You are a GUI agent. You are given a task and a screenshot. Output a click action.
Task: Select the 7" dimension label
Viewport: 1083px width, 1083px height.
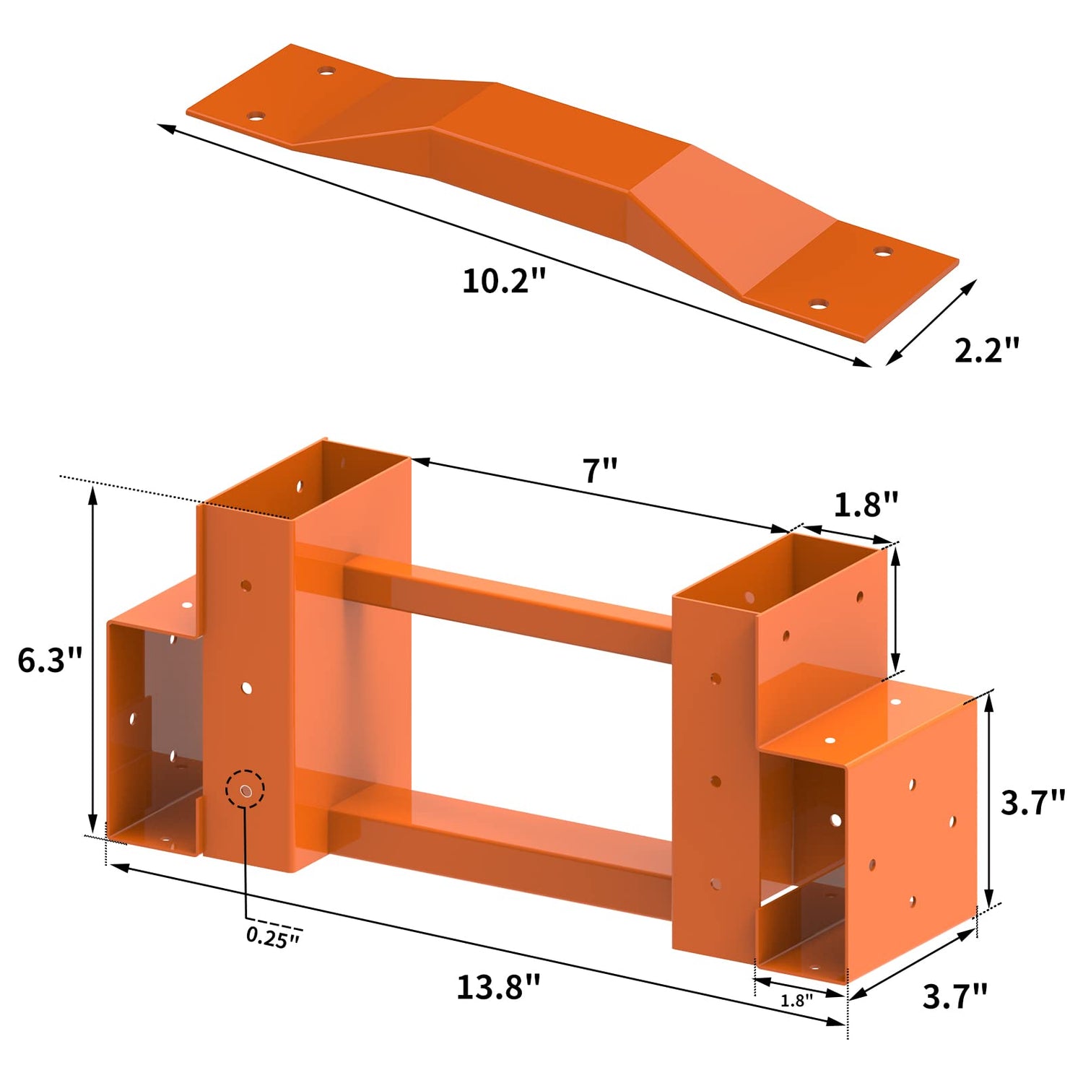[x=601, y=471]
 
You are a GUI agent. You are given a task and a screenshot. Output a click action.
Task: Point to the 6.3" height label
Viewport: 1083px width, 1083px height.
[x=50, y=660]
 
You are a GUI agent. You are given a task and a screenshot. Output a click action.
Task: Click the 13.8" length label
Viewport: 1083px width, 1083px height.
[x=498, y=987]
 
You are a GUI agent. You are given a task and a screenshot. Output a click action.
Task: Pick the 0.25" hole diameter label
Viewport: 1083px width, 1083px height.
[x=273, y=936]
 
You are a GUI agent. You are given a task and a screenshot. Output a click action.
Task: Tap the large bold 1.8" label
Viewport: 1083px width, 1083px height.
[x=866, y=505]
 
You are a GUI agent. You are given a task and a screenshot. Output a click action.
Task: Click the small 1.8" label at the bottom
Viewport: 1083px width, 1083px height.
[x=796, y=1000]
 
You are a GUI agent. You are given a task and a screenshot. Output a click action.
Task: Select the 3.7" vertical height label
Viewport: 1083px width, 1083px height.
[x=1033, y=802]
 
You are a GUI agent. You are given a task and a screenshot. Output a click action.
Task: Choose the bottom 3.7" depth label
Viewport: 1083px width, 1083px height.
[x=955, y=996]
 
